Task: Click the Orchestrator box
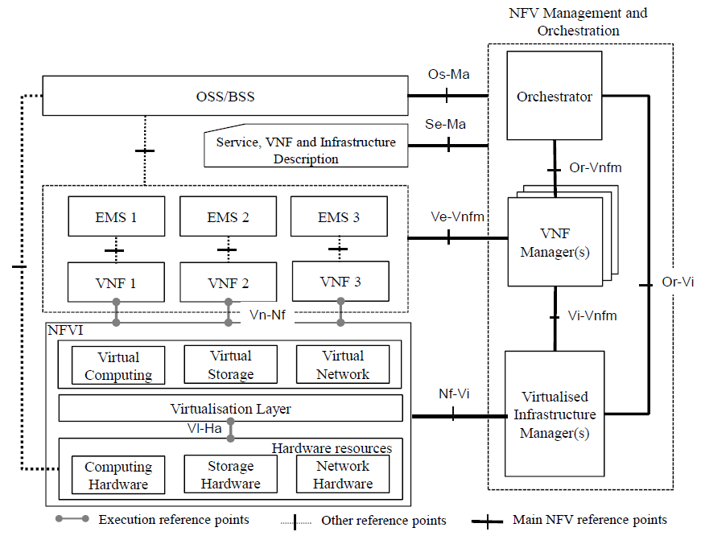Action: [x=555, y=97]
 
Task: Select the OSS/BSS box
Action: [x=225, y=97]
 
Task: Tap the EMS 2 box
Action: [x=228, y=217]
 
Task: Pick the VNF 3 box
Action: [x=340, y=282]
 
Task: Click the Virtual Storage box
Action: [x=230, y=365]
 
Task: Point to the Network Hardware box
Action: [x=343, y=475]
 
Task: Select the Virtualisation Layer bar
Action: [x=230, y=409]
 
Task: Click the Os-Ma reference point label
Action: [x=448, y=75]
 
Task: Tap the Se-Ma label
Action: [x=445, y=124]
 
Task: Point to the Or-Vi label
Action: [x=677, y=283]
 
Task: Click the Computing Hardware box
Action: [x=118, y=475]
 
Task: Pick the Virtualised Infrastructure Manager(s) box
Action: [x=554, y=414]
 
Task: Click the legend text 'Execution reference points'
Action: [x=174, y=520]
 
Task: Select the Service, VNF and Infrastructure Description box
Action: [x=306, y=150]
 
